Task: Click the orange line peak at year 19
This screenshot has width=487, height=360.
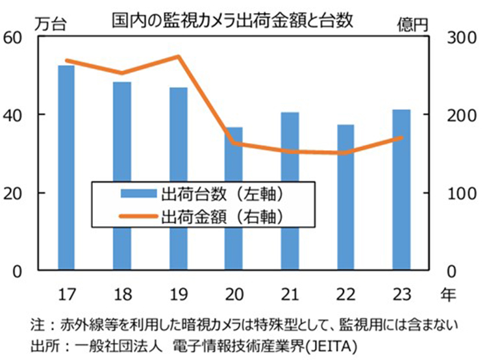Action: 179,57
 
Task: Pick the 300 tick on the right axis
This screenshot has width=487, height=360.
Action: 458,37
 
